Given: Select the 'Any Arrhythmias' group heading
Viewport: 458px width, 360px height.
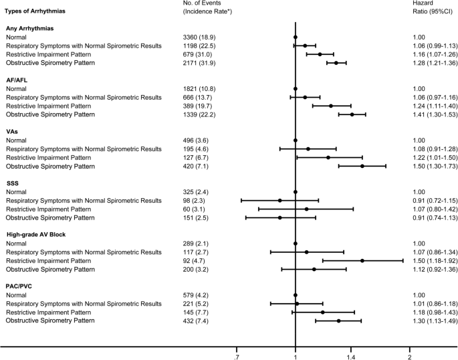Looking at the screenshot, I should pos(31,29).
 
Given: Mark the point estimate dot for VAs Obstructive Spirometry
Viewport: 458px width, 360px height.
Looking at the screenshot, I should pos(362,166).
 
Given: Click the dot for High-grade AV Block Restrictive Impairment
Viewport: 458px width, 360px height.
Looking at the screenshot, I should pos(362,260).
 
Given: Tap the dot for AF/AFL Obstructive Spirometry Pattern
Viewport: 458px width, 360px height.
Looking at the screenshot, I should pos(352,114).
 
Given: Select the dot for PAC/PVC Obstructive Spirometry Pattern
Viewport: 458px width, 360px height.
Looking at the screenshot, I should pos(338,321).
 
